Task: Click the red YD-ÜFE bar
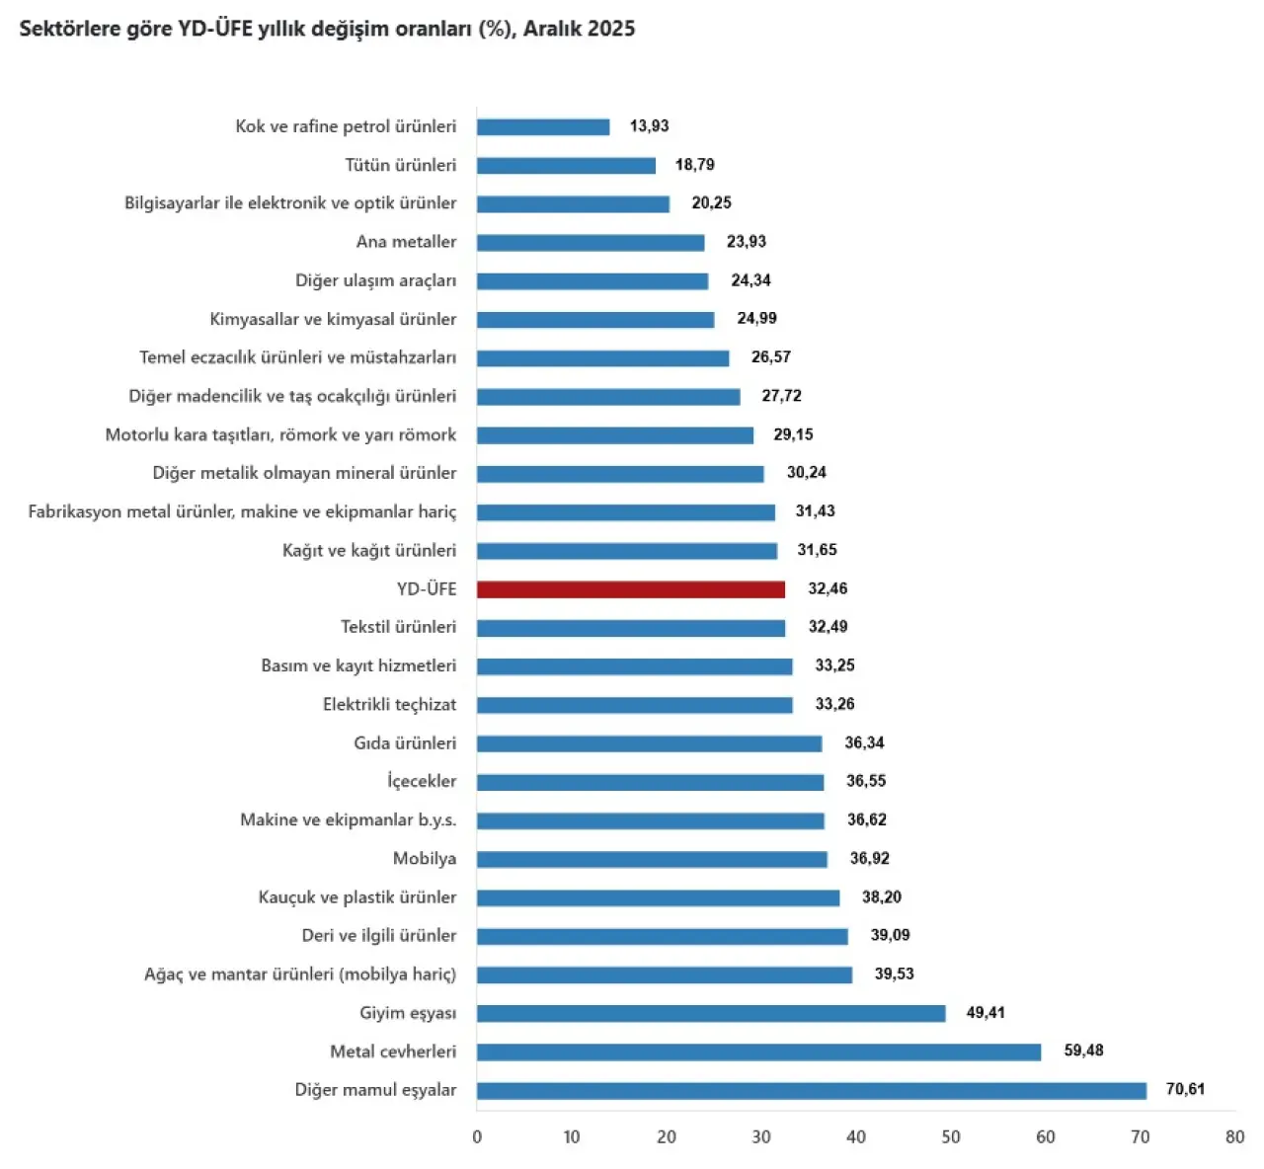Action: point(630,589)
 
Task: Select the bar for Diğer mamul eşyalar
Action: point(811,1091)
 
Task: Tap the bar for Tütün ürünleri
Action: point(566,166)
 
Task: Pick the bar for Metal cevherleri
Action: point(758,1052)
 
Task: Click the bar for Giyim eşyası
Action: point(711,1014)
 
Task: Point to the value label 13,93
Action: point(649,126)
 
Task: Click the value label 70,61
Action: point(1185,1090)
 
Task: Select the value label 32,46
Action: point(828,589)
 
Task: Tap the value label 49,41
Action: point(986,1013)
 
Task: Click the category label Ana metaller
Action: point(406,242)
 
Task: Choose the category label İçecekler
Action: point(422,782)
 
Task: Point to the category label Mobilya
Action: point(425,859)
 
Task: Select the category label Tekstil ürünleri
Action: point(398,628)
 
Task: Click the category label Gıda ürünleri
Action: point(405,743)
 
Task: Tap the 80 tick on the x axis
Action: point(1234,1137)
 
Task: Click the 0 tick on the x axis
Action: point(477,1137)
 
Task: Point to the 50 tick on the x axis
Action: point(951,1137)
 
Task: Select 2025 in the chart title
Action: point(610,29)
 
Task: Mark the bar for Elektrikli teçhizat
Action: point(634,705)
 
